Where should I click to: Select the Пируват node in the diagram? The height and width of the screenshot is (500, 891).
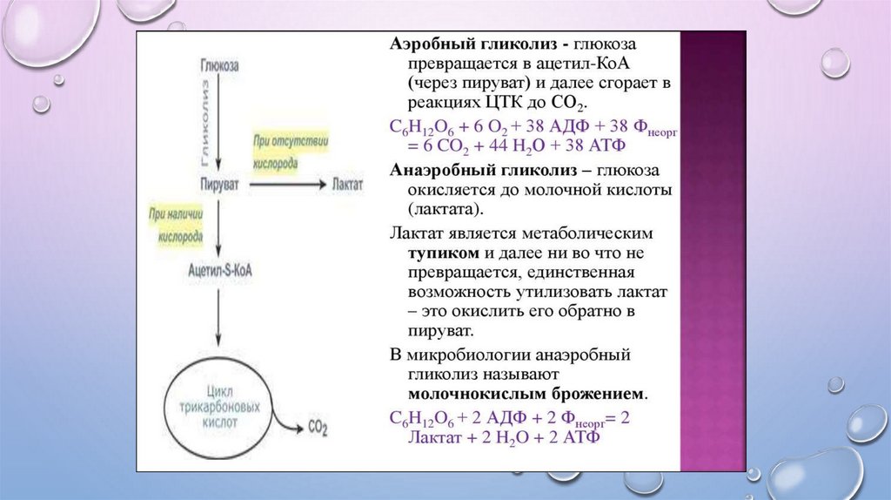tap(218, 186)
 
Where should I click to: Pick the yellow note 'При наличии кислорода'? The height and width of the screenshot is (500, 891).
tap(177, 224)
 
